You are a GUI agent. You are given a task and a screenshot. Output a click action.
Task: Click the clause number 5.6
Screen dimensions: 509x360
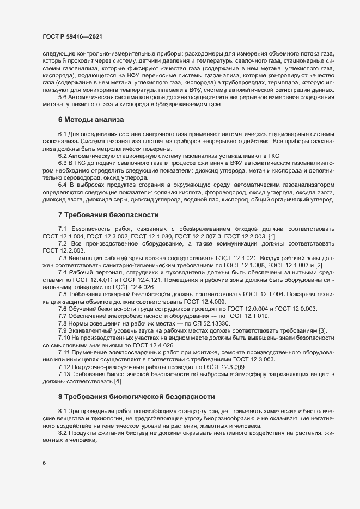[x=62, y=96]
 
